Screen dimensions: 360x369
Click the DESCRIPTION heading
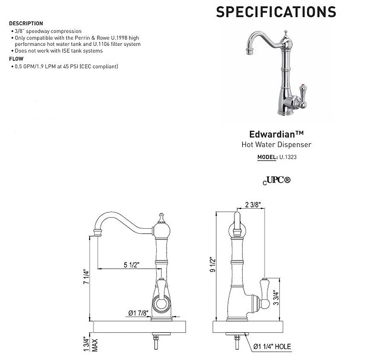[x=26, y=23]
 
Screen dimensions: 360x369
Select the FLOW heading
[x=16, y=59]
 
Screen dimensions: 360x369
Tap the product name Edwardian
[x=276, y=134]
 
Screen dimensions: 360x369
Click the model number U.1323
[x=288, y=157]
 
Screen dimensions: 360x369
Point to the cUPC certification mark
[x=276, y=180]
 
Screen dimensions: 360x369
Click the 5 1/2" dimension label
[x=132, y=265]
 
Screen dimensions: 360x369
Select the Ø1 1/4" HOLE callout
[x=272, y=346]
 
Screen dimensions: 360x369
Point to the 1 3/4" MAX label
[x=90, y=344]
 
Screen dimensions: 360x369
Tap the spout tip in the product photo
[x=249, y=53]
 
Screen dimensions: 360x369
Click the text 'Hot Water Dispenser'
[x=276, y=145]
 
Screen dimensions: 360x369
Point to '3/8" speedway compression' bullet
[x=47, y=31]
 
